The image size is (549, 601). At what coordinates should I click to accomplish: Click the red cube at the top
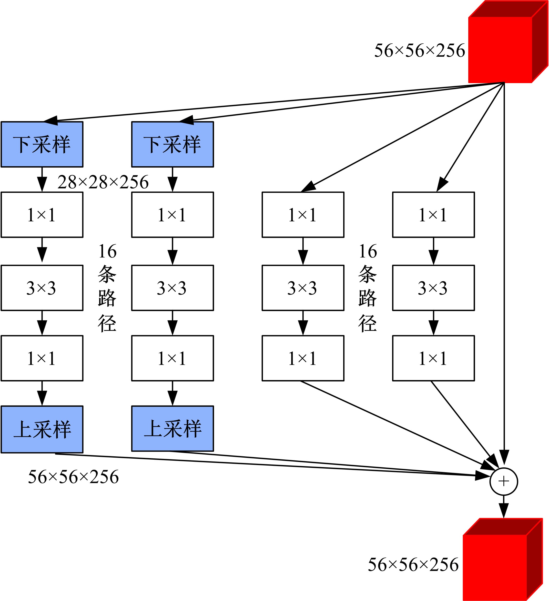coord(503,45)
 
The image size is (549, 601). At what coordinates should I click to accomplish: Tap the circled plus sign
coord(504,481)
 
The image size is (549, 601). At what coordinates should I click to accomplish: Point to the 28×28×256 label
coord(103,182)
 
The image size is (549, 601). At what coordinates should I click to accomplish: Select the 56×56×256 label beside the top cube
coord(419,51)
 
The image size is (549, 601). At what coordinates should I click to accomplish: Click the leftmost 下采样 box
coord(42,144)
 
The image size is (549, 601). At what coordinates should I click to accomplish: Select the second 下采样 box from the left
coord(172,144)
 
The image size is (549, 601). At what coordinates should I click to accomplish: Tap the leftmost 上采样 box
coord(42,429)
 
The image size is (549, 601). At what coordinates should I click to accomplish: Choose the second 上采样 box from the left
coord(172,428)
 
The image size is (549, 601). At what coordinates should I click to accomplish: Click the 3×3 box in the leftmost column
coord(42,288)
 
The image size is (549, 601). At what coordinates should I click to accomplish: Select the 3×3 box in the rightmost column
coord(433,288)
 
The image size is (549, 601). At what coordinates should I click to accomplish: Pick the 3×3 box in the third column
coord(303,288)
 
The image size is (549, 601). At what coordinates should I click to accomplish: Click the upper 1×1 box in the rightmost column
coord(433,215)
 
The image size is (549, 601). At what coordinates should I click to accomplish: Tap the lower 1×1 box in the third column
coord(303,358)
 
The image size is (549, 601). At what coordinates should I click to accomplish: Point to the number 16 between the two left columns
coord(107,251)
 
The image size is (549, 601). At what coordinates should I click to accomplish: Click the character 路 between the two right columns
coord(368,298)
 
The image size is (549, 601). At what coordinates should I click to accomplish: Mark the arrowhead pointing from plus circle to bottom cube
coord(504,510)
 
